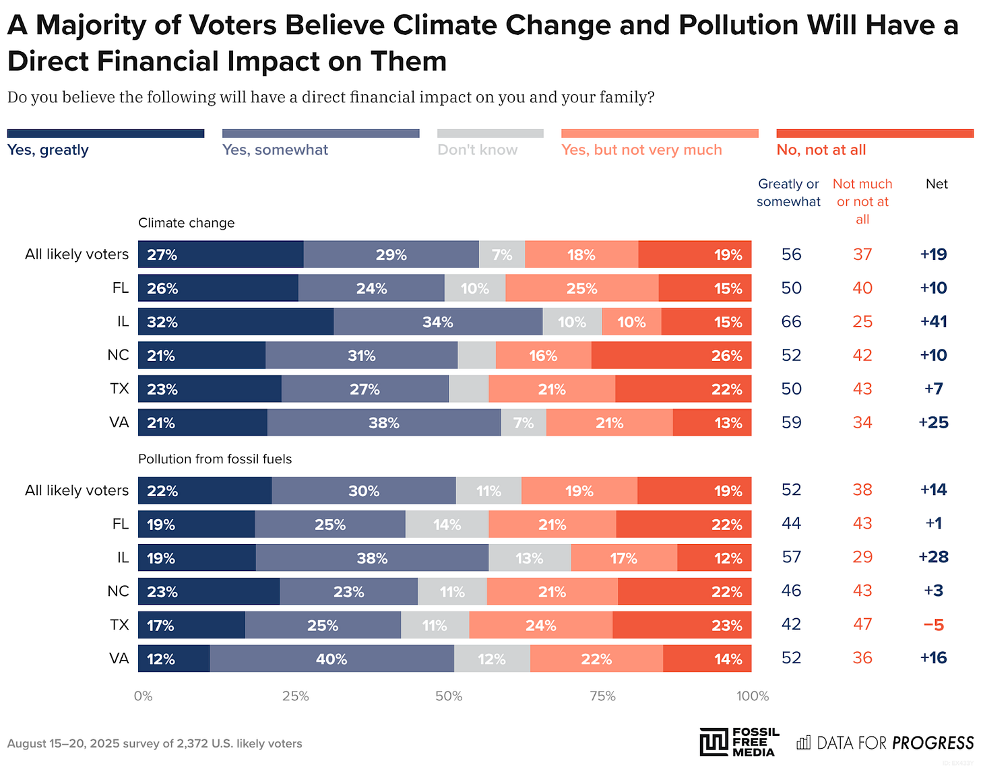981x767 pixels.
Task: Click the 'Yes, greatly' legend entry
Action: coord(48,149)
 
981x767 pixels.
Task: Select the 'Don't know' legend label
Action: coord(477,149)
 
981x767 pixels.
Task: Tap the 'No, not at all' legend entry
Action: coord(821,149)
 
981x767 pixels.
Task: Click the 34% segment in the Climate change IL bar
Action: coord(438,322)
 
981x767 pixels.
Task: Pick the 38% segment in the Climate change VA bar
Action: coord(384,423)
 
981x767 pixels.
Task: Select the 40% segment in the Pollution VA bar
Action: coord(331,659)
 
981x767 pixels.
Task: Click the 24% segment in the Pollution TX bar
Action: coord(540,625)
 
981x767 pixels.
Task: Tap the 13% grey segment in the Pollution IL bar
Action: coord(530,558)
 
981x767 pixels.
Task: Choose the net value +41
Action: coord(933,321)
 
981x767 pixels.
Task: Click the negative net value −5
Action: coord(933,625)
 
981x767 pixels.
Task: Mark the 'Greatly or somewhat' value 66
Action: coord(791,321)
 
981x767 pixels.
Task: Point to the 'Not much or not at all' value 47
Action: coord(862,625)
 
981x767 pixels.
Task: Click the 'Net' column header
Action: coord(937,184)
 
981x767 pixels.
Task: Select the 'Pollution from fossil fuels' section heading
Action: coord(215,459)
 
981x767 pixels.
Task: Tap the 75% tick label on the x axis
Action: coord(602,696)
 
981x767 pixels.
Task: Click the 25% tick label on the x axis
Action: coord(295,696)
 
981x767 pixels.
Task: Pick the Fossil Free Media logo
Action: coord(739,742)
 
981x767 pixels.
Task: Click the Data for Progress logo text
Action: coord(885,743)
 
